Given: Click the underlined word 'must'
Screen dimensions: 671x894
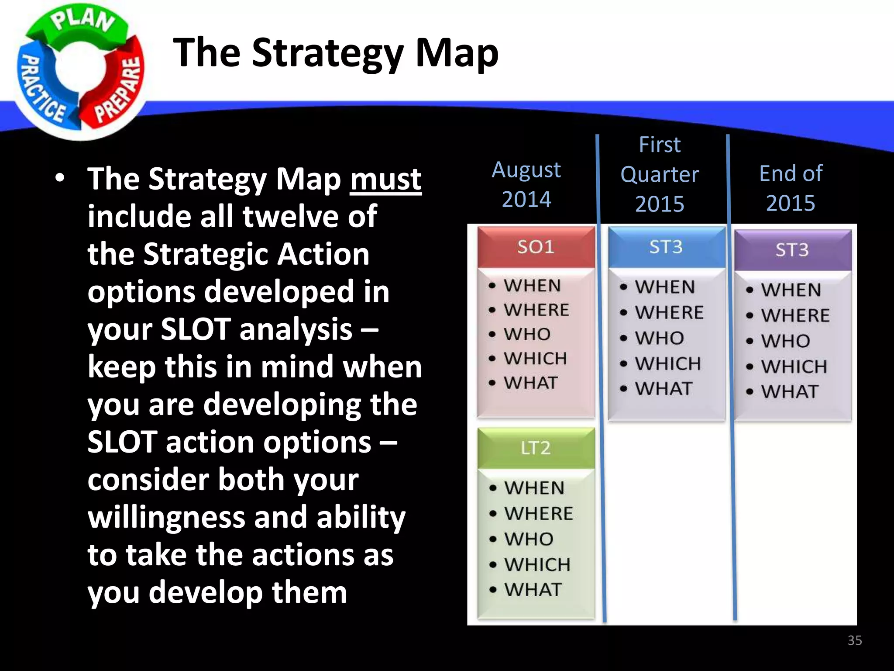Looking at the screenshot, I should coord(385,179).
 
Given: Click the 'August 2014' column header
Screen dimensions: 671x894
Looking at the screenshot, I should coord(526,184).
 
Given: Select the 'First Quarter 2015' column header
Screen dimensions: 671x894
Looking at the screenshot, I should coord(659,174).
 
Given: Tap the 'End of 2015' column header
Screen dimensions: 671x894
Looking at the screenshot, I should coord(791,188).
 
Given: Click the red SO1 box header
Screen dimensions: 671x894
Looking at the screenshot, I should coord(536,247).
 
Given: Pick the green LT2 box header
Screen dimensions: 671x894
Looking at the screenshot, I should coord(536,448).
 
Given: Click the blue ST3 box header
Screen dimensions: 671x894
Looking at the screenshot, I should coord(666,247).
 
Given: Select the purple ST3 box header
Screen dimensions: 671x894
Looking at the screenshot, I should coord(792,250).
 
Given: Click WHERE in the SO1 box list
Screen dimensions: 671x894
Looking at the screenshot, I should coord(536,310).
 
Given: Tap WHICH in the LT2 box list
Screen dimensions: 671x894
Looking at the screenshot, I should coord(537,564).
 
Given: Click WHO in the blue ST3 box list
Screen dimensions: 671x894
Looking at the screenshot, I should coord(659,338).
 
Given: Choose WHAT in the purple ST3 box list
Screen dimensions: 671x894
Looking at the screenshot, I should coord(789,391).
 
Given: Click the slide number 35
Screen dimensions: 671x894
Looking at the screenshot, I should coord(854,640).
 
